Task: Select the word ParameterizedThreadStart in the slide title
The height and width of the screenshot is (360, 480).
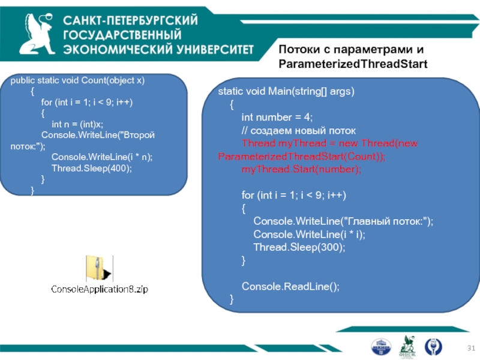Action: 353,63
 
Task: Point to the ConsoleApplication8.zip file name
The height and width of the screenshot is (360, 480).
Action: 99,289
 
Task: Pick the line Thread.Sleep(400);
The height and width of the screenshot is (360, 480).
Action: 91,168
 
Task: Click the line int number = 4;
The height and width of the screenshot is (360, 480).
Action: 277,117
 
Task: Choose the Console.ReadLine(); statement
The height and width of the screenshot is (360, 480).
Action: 290,286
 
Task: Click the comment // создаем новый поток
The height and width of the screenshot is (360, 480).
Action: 298,130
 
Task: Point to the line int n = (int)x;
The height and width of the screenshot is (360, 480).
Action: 77,124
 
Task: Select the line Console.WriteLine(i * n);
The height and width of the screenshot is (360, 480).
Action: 102,157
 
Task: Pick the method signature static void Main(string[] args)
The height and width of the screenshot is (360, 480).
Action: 286,92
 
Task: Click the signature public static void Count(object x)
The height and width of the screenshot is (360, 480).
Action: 78,80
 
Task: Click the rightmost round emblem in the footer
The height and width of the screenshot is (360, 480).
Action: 433,346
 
